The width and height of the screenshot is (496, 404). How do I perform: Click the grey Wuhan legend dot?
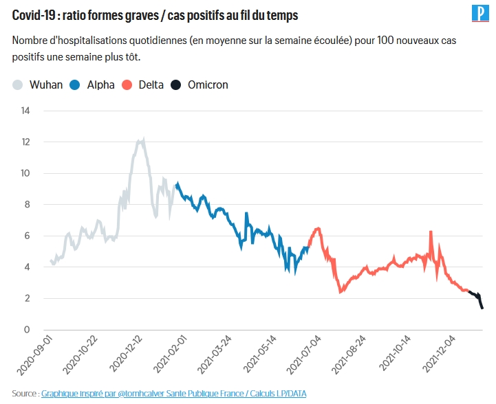19,85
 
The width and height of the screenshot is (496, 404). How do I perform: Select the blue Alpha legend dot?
76,85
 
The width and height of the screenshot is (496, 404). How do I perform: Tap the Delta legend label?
151,85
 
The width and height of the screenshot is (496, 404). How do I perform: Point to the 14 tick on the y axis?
25,111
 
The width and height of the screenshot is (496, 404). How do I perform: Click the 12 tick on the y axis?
25,142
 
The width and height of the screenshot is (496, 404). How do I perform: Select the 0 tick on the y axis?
28,330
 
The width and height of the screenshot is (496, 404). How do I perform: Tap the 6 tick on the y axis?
28,236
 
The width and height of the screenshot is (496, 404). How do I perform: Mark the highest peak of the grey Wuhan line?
142,139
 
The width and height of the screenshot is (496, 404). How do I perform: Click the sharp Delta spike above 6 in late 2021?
431,232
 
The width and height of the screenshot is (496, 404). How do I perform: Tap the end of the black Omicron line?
482,308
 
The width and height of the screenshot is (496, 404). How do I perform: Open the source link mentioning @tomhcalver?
173,394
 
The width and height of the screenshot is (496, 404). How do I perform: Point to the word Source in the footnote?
24,394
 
